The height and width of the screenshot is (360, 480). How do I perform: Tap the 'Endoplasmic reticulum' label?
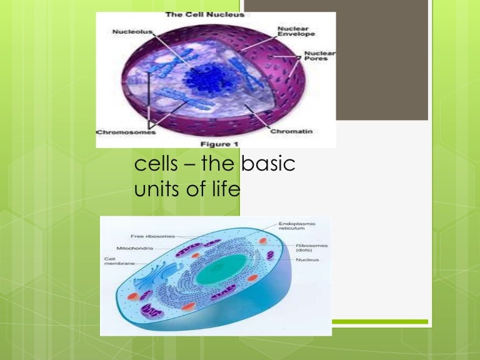(x=297, y=226)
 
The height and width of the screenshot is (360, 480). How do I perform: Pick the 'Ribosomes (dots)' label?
(x=312, y=248)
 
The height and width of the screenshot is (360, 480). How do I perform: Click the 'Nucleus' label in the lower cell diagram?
(x=307, y=259)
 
